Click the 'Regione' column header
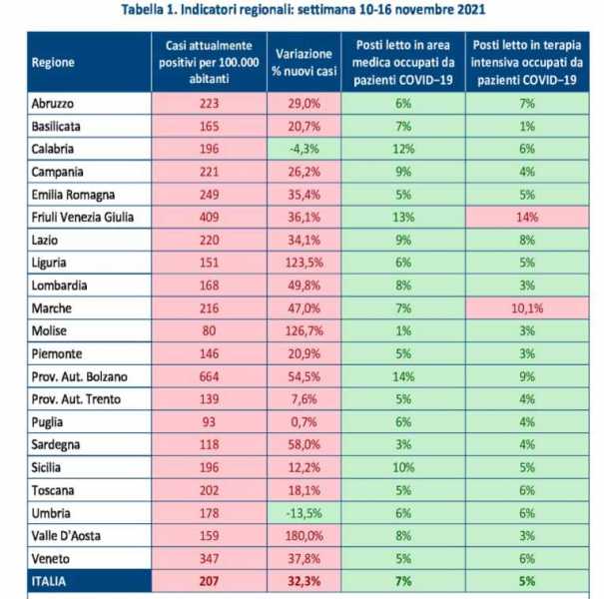pyautogui.click(x=53, y=63)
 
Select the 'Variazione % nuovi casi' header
pyautogui.click(x=303, y=63)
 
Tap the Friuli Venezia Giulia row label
pyautogui.click(x=83, y=218)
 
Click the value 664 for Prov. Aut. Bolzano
pyautogui.click(x=210, y=376)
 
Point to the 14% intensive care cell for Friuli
pyautogui.click(x=527, y=218)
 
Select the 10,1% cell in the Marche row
pyautogui.click(x=527, y=308)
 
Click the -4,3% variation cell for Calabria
pyautogui.click(x=303, y=149)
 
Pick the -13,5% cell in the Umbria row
pyautogui.click(x=303, y=513)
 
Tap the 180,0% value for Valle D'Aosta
pyautogui.click(x=303, y=536)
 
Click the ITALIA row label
pyautogui.click(x=49, y=581)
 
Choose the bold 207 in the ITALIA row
pyautogui.click(x=210, y=581)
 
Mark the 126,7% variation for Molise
pyautogui.click(x=303, y=330)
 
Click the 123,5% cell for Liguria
pyautogui.click(x=303, y=263)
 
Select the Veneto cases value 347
pyautogui.click(x=210, y=558)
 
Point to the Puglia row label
pyautogui.click(x=47, y=422)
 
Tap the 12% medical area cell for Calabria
pyautogui.click(x=403, y=149)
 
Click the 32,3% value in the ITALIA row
pyautogui.click(x=303, y=581)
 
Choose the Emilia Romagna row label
pyautogui.click(x=73, y=195)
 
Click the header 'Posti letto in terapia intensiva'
pyautogui.click(x=527, y=54)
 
